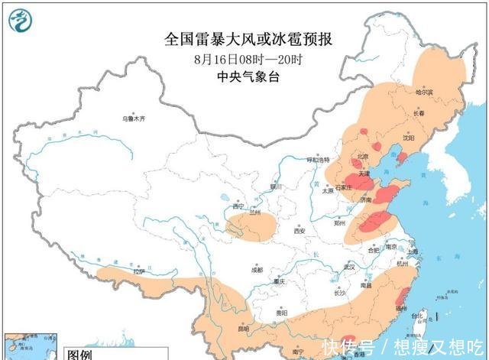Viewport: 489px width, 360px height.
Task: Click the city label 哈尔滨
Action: (x=424, y=92)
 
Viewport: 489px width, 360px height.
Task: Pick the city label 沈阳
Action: (x=409, y=139)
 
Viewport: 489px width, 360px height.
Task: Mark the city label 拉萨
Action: (x=138, y=271)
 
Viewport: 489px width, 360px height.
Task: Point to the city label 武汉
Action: (x=350, y=267)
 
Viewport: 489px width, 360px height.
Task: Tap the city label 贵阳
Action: (x=281, y=312)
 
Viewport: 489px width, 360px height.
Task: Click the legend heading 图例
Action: (x=80, y=355)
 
